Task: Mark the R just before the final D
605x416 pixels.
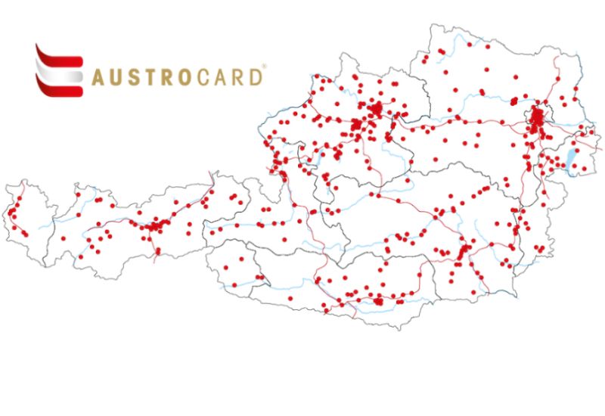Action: (x=240, y=77)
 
